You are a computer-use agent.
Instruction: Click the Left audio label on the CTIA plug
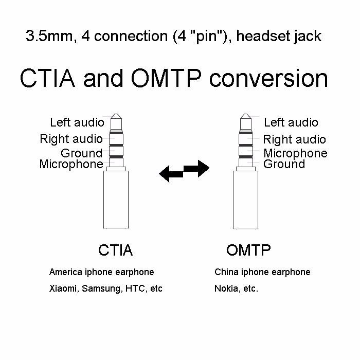(77, 122)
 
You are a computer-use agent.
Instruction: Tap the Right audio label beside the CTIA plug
(71, 139)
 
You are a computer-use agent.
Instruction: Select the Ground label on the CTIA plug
(81, 153)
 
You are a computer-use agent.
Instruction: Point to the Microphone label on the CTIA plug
(71, 165)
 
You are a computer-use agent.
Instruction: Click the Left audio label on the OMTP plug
(291, 122)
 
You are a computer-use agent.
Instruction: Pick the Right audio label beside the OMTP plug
(294, 139)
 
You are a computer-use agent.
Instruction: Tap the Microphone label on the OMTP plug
(295, 153)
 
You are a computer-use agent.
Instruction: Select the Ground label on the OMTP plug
(284, 165)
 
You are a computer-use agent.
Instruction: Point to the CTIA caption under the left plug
(115, 250)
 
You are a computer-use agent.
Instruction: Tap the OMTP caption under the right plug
(248, 250)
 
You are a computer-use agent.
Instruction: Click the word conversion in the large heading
(268, 79)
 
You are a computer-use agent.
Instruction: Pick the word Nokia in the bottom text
(225, 289)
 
